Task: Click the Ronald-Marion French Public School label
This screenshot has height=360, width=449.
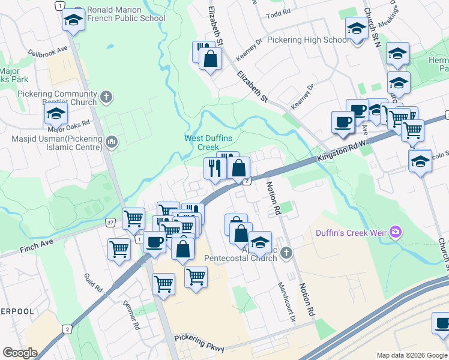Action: point(126,14)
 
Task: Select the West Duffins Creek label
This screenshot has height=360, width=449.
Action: point(208,142)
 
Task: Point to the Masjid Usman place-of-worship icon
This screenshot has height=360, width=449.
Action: point(110,142)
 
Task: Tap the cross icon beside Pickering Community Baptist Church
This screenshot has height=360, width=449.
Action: point(106,97)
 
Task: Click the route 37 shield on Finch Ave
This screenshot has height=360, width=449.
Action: point(110,223)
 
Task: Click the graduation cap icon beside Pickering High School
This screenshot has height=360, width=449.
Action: point(356,28)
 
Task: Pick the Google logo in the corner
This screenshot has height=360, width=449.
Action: point(20,352)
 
